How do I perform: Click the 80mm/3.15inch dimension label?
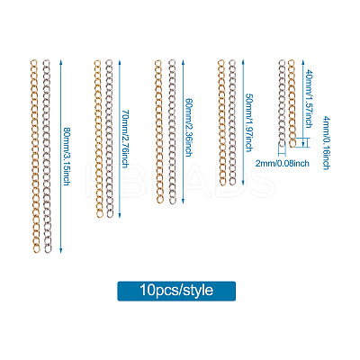pyautogui.click(x=67, y=157)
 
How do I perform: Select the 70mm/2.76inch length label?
pyautogui.click(x=125, y=139)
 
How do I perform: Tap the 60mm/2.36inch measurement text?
pyautogui.click(x=188, y=128)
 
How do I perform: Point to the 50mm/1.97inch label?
pyautogui.click(x=248, y=122)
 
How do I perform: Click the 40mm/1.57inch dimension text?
pyautogui.click(x=308, y=99)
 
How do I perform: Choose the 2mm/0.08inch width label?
pyautogui.click(x=283, y=163)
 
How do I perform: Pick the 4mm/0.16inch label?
pyautogui.click(x=326, y=143)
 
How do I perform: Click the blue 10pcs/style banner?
pyautogui.click(x=176, y=291)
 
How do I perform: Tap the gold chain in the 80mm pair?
pyautogui.click(x=35, y=156)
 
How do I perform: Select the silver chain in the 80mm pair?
pyautogui.click(x=47, y=156)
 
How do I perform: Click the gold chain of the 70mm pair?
pyautogui.click(x=98, y=139)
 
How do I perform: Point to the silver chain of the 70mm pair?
pyautogui.click(x=109, y=139)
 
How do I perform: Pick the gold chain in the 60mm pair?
pyautogui.click(x=158, y=131)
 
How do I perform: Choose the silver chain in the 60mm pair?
pyautogui.click(x=171, y=132)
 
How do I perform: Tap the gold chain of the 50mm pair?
pyautogui.click(x=221, y=122)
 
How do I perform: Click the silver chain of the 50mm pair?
pyautogui.click(x=232, y=122)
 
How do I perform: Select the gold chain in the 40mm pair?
pyautogui.click(x=292, y=103)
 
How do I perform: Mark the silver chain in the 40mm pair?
pyautogui.click(x=282, y=103)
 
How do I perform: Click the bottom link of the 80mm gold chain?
pyautogui.click(x=36, y=249)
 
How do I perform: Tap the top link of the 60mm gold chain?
pyautogui.click(x=158, y=63)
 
